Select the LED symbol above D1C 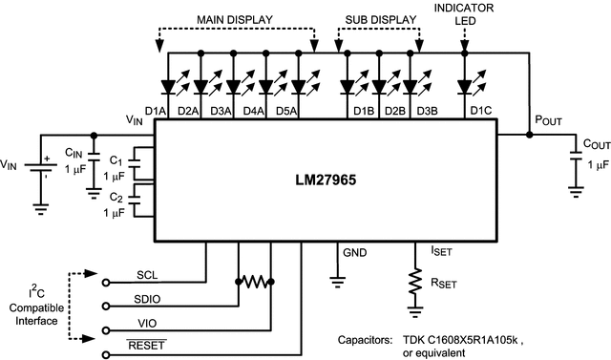[465, 87]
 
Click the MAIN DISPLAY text [235, 19]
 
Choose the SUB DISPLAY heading [380, 19]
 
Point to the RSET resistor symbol [415, 283]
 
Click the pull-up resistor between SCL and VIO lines [254, 283]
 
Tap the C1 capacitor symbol [137, 162]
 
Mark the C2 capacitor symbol [137, 201]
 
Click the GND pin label [355, 254]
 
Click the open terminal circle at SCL [106, 282]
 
